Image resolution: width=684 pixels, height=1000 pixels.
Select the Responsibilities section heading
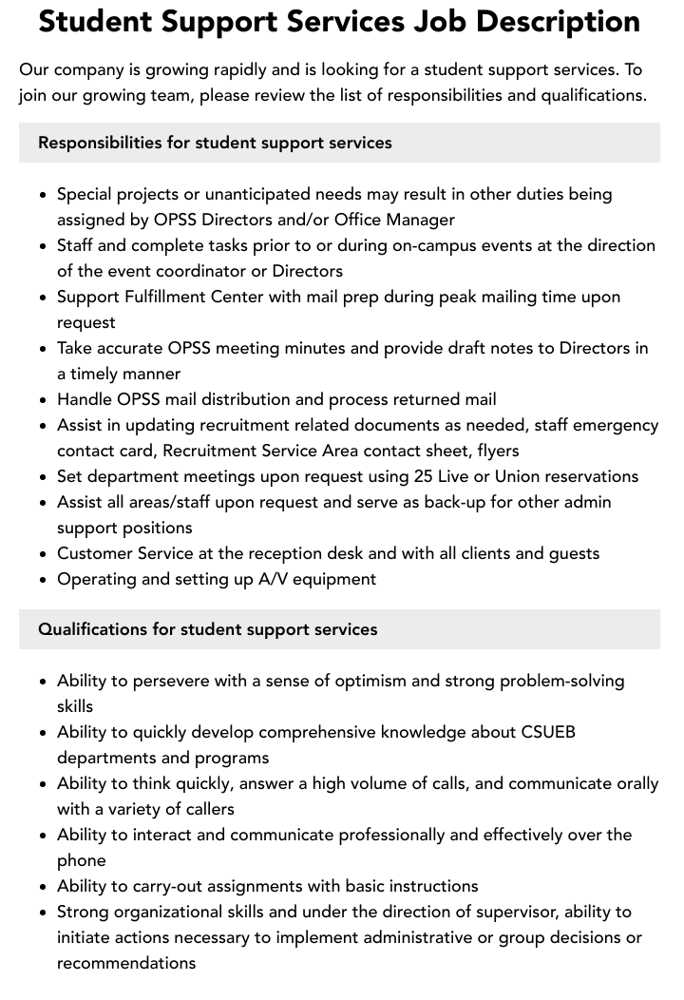click(215, 143)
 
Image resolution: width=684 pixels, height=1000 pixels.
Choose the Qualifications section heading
click(208, 629)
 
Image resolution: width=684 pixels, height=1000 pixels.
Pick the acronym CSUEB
click(548, 732)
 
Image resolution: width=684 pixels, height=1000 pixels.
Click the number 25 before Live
click(424, 476)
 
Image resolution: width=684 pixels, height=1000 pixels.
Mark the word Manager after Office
click(420, 220)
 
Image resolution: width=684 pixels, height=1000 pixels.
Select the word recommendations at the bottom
click(126, 963)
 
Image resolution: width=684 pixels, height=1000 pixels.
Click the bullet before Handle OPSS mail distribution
click(44, 400)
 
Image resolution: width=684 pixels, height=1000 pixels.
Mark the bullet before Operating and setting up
click(44, 580)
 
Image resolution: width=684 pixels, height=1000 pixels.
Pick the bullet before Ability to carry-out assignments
click(44, 887)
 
